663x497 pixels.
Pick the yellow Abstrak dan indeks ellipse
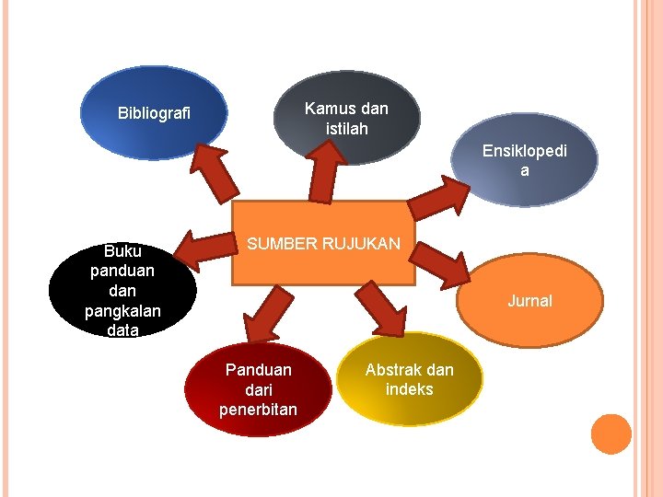coord(410,378)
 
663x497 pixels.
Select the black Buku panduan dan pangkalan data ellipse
coord(122,290)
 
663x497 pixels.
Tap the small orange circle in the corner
coord(611,433)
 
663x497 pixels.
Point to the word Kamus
coord(325,109)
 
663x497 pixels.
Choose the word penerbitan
coord(258,409)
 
